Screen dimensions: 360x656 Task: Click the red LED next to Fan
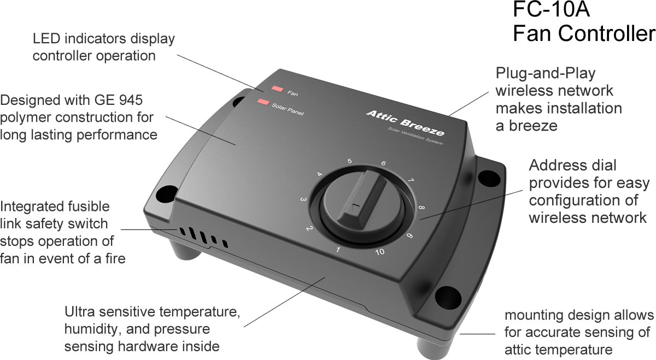click(277, 88)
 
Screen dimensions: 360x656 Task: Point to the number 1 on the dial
click(338, 250)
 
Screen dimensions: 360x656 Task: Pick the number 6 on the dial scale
click(383, 163)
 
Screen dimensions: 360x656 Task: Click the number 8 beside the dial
click(422, 208)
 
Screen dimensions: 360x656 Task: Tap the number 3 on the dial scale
click(302, 200)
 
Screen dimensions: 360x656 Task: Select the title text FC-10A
click(551, 10)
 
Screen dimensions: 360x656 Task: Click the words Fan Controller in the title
click(583, 34)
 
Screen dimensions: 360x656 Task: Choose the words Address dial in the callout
click(572, 165)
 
